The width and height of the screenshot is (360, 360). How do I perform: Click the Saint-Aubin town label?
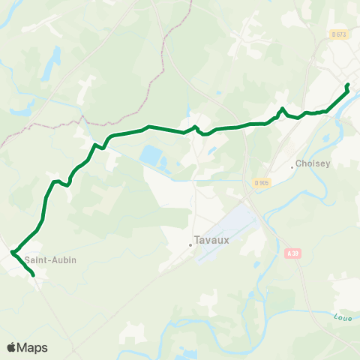[50, 260]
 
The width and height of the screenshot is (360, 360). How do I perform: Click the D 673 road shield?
[339, 34]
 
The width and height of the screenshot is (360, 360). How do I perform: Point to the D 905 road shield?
[261, 183]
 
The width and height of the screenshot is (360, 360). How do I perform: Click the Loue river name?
[342, 319]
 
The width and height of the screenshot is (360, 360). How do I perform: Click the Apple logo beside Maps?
[12, 348]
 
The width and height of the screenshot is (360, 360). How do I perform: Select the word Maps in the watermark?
[33, 348]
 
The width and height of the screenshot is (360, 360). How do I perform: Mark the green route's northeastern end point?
[347, 85]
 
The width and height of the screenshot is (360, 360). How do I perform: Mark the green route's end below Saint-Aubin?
[34, 275]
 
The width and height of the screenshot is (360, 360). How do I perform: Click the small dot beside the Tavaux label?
[190, 242]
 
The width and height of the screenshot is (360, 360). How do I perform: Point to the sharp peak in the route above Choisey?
[282, 109]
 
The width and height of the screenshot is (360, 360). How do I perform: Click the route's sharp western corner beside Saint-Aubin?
[13, 252]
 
